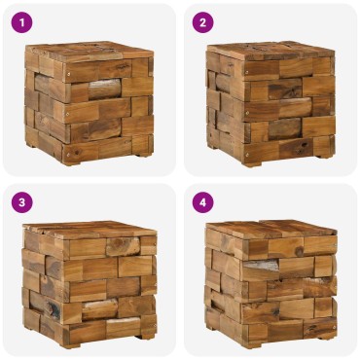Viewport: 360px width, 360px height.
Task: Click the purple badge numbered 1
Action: point(20,21)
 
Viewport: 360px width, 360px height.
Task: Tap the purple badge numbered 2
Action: point(201,21)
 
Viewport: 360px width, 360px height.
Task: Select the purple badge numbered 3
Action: point(20,202)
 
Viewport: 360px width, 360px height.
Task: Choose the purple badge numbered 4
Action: point(201,202)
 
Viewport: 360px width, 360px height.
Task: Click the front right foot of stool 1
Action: point(143,150)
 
